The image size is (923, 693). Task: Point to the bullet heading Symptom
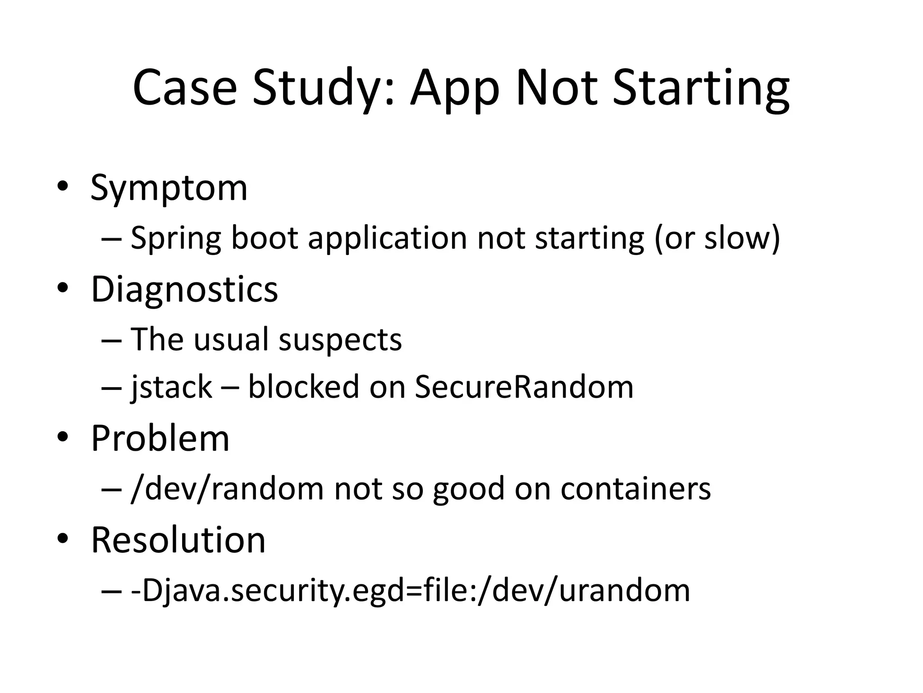(169, 188)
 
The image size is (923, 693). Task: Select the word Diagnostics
(184, 289)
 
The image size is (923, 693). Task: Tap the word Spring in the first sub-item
(176, 238)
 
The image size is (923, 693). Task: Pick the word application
(387, 238)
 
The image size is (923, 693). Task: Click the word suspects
(340, 339)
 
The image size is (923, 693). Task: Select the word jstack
(171, 387)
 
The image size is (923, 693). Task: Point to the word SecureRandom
(524, 387)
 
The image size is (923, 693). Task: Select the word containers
(635, 489)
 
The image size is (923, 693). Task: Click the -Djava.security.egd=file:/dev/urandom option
(410, 591)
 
